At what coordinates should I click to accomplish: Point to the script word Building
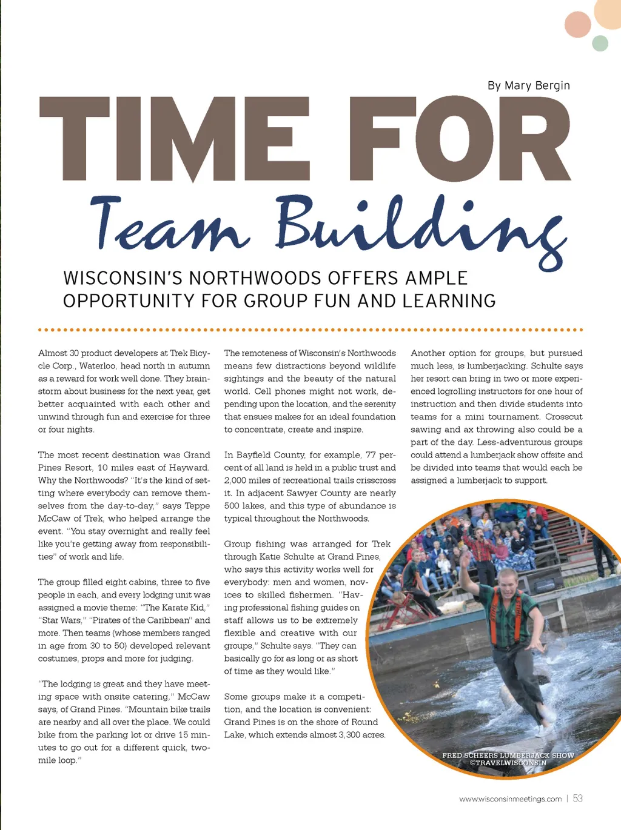(418, 227)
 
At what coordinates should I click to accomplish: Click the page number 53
(578, 798)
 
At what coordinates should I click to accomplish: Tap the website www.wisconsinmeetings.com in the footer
(511, 799)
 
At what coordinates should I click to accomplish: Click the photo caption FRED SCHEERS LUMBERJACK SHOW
(508, 755)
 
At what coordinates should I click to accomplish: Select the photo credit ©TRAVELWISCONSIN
(508, 763)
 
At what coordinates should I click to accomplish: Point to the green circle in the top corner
(600, 43)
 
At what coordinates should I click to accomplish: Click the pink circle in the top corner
(577, 24)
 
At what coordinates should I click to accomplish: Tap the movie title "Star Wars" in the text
(62, 620)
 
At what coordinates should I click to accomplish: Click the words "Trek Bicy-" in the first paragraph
(190, 353)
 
